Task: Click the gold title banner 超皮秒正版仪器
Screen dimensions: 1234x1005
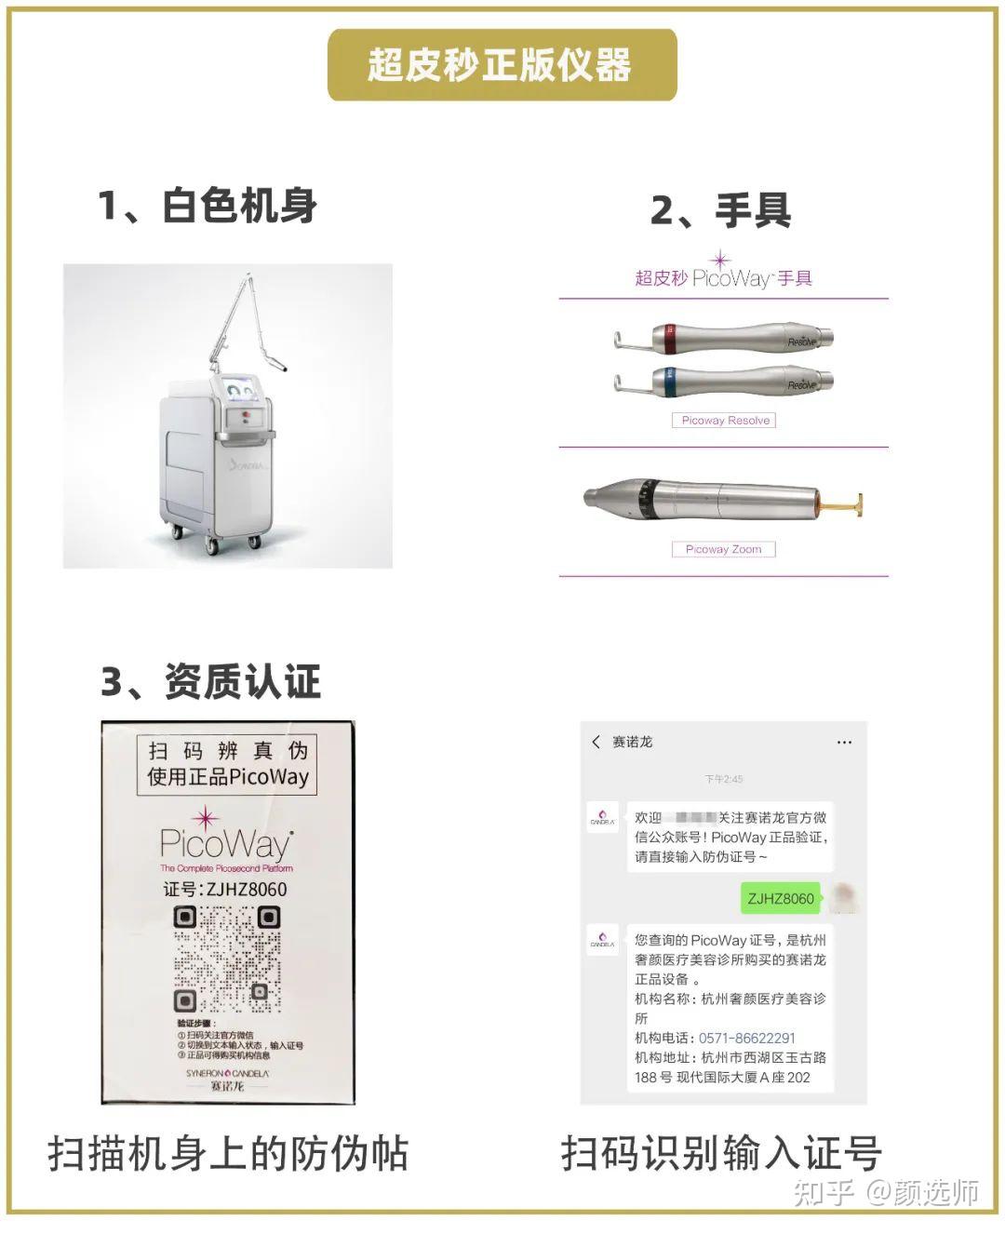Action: pyautogui.click(x=502, y=65)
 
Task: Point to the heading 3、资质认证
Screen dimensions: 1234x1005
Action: pyautogui.click(x=211, y=682)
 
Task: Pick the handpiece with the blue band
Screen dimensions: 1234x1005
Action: pyautogui.click(x=723, y=381)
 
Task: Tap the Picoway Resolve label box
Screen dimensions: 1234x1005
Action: pyautogui.click(x=724, y=421)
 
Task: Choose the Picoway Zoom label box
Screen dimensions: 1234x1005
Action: pyautogui.click(x=723, y=549)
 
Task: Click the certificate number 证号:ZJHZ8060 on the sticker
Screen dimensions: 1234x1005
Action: pyautogui.click(x=225, y=889)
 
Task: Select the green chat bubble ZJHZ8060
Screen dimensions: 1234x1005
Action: pyautogui.click(x=780, y=898)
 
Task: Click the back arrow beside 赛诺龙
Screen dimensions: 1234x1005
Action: pyautogui.click(x=596, y=742)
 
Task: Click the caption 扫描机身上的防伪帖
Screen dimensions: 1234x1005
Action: pyautogui.click(x=228, y=1154)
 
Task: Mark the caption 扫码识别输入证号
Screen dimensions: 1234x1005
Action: pyautogui.click(x=721, y=1154)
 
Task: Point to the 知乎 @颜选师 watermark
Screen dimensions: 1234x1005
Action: pyautogui.click(x=885, y=1192)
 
